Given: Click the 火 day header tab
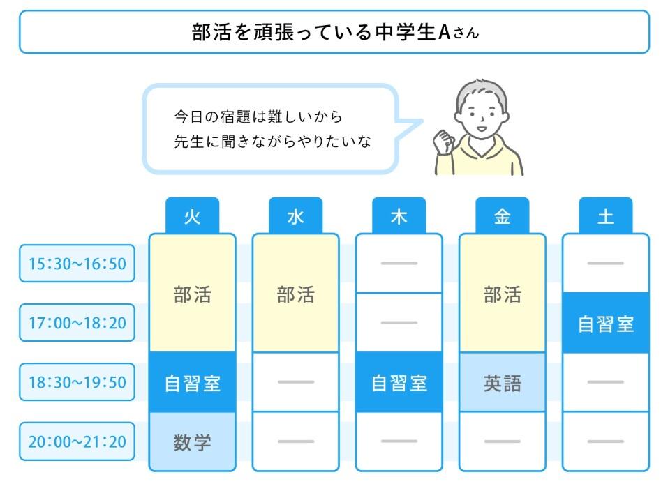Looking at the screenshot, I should (192, 216).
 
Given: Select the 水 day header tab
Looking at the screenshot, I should (295, 216).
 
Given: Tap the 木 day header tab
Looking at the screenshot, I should (399, 216).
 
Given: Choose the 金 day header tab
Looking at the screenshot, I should (502, 216).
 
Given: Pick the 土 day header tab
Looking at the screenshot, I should (605, 216).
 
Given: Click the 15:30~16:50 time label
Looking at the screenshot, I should (77, 264).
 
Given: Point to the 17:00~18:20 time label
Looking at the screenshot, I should (77, 323).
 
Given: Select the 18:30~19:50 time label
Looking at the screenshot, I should (77, 382).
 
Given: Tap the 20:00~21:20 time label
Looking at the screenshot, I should (77, 441).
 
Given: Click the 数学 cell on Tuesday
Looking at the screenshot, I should (192, 442).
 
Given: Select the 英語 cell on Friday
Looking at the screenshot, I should (502, 383).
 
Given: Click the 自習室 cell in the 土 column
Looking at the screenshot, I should (605, 324).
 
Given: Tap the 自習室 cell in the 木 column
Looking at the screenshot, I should (399, 383).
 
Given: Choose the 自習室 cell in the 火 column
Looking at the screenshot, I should (192, 383).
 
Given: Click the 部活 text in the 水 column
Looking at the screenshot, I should (295, 294).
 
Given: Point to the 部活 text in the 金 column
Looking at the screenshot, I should (502, 294).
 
